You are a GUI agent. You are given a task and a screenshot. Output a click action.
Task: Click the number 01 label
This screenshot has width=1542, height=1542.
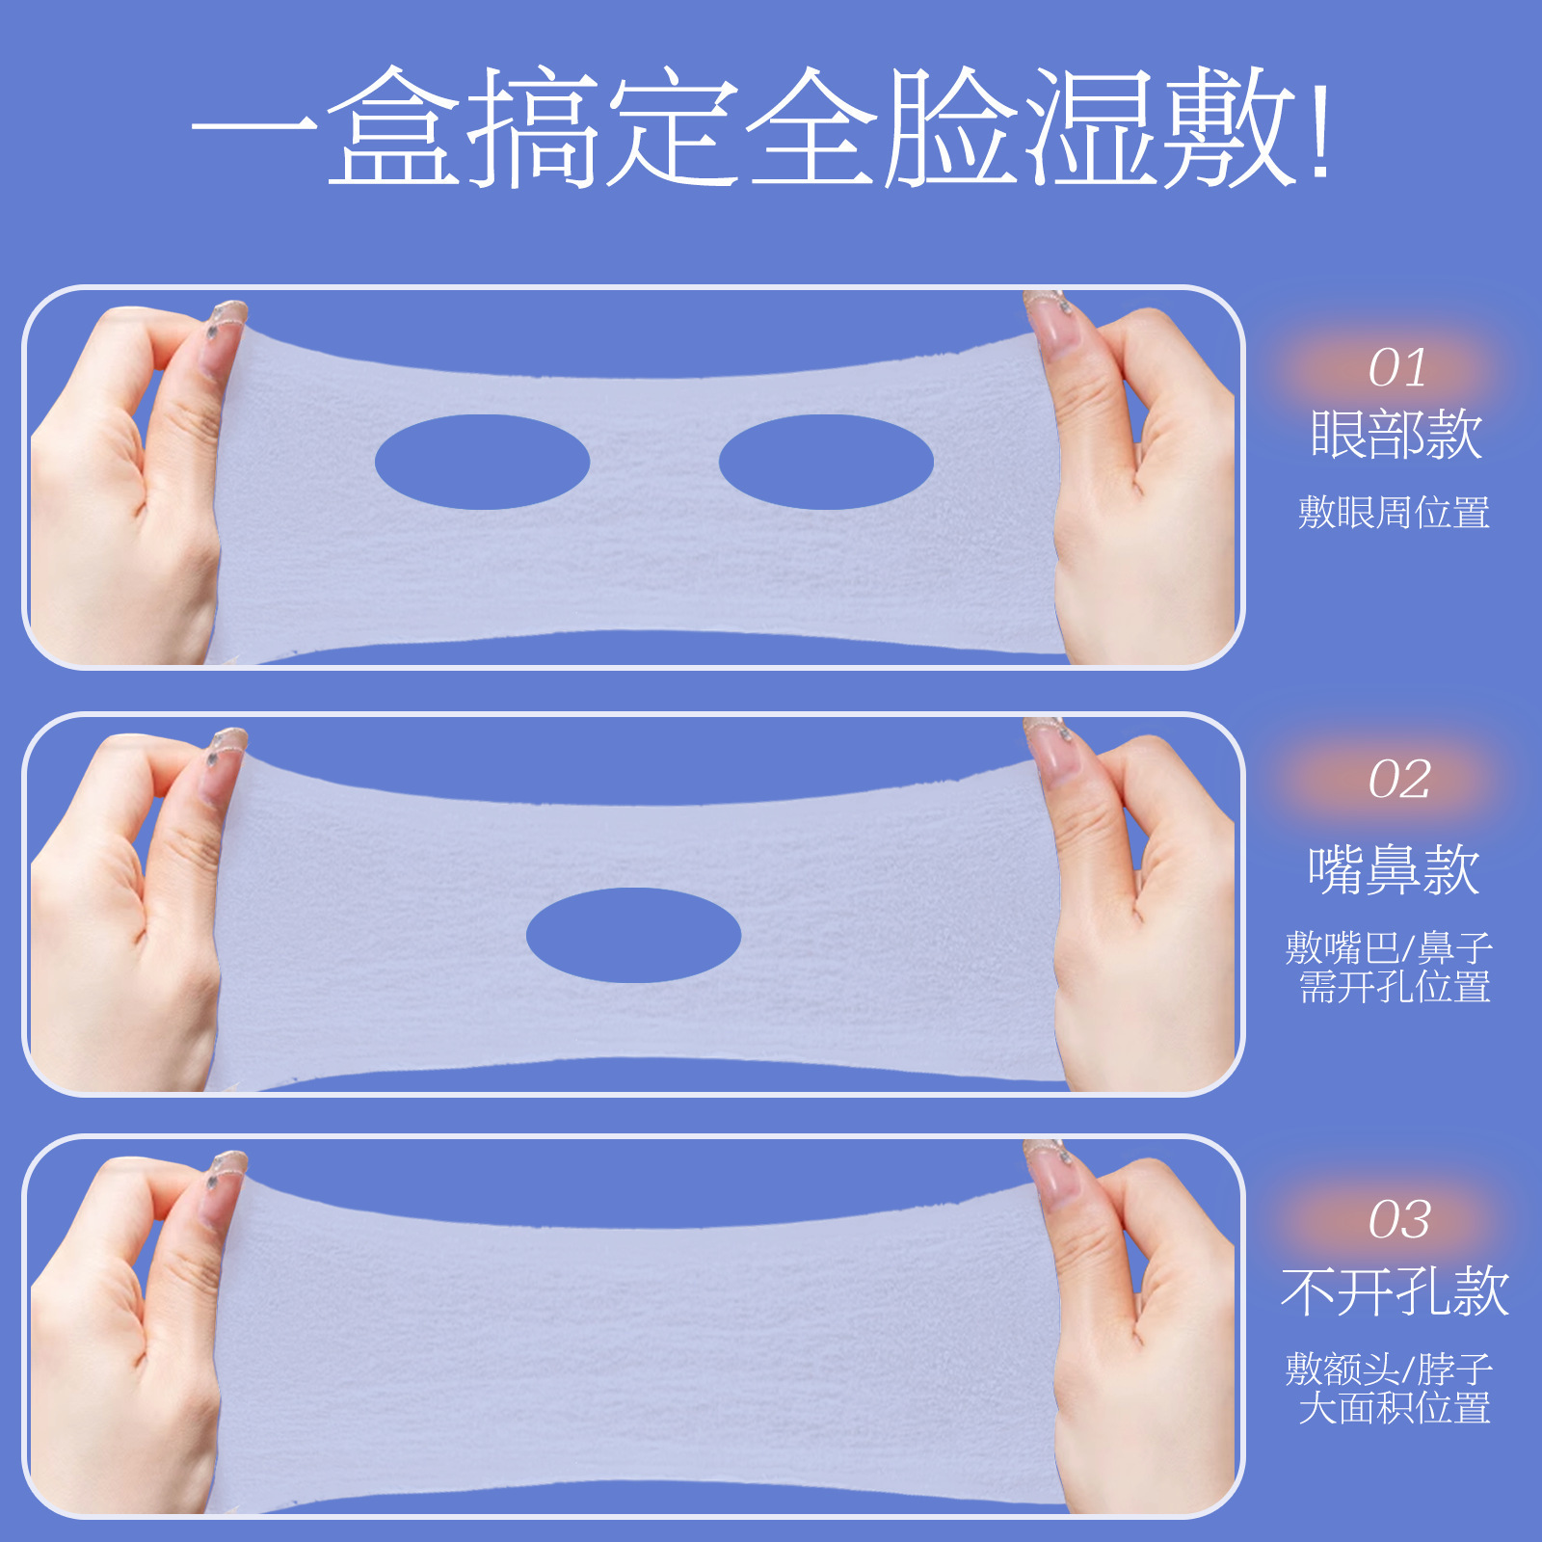(x=1396, y=368)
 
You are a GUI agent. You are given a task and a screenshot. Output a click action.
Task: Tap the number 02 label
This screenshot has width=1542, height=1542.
(x=1399, y=780)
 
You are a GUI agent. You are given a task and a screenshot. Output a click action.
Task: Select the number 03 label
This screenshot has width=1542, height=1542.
(x=1399, y=1220)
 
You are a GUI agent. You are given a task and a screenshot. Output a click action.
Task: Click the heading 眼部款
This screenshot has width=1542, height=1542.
(x=1396, y=435)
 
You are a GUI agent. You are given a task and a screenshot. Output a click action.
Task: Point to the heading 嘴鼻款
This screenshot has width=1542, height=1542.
(x=1394, y=869)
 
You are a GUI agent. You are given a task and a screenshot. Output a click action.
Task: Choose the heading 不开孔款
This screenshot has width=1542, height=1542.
(x=1395, y=1291)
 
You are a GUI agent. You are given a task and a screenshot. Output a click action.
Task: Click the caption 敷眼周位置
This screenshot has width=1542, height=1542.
(x=1394, y=512)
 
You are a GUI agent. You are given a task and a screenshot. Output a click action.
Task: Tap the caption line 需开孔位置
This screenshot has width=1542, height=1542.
(x=1395, y=987)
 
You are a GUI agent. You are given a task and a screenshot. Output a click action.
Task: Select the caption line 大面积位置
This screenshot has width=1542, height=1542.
(x=1395, y=1408)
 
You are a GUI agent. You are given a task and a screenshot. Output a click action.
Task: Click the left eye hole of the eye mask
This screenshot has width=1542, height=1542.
(x=482, y=462)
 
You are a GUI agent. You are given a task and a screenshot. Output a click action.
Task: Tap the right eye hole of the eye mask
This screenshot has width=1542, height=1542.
(x=826, y=462)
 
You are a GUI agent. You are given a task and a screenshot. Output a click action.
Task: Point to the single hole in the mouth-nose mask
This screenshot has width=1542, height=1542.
(x=633, y=935)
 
